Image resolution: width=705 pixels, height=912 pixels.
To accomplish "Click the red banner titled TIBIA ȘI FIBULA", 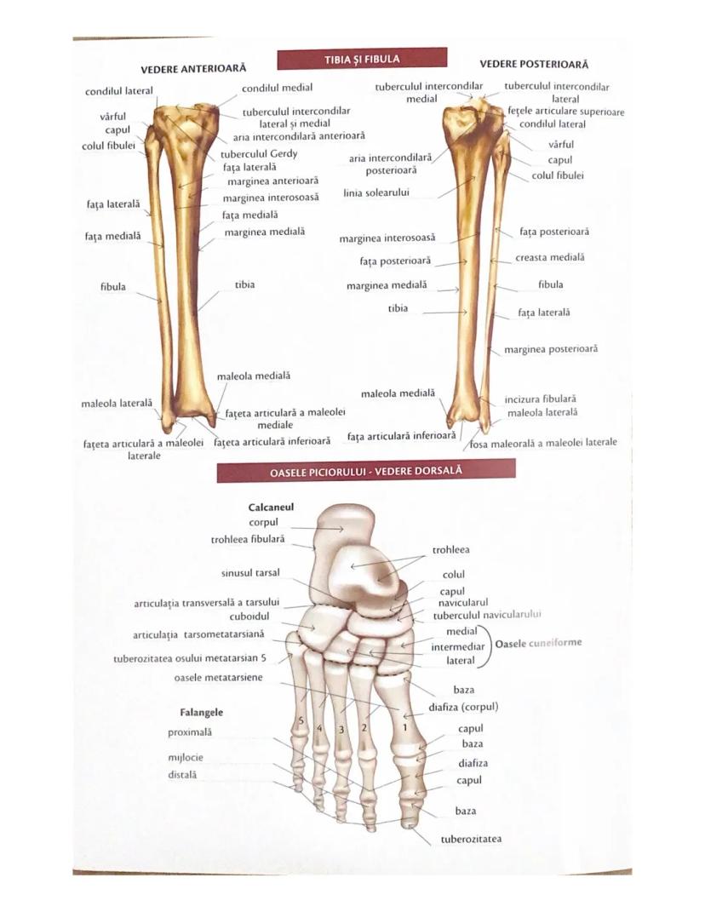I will coord(362,59).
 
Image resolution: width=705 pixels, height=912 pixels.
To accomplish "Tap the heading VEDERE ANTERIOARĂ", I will coord(193,68).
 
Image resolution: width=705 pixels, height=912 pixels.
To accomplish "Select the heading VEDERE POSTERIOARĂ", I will coord(534,64).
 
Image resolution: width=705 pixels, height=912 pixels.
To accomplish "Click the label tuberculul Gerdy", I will coord(259,154).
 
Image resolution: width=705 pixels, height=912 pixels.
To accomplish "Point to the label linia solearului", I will coord(376,192).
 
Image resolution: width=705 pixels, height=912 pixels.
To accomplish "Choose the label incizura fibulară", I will coord(540,398).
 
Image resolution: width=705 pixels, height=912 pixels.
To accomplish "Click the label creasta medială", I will coord(550,257).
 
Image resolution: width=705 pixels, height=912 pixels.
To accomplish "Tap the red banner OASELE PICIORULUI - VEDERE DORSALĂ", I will coord(366,470).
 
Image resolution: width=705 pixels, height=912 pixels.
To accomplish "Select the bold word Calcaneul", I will coord(271,507).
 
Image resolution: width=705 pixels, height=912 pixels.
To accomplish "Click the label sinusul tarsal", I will coord(250,572).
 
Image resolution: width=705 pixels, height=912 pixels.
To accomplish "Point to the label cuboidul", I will coord(249,617).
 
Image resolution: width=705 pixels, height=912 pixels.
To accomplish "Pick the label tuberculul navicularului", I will coord(487,614).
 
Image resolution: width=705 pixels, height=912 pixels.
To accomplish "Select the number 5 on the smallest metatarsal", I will coord(300,724).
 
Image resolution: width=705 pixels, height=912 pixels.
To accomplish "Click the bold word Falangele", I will coord(201,712).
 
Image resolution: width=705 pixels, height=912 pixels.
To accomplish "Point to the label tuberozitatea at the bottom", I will coord(471,839).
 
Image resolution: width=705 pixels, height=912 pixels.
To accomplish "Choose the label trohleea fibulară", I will coord(248,539).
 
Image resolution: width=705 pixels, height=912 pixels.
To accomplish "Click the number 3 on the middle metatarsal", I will coord(341,730).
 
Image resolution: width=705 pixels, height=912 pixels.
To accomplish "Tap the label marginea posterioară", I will coord(550,349).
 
